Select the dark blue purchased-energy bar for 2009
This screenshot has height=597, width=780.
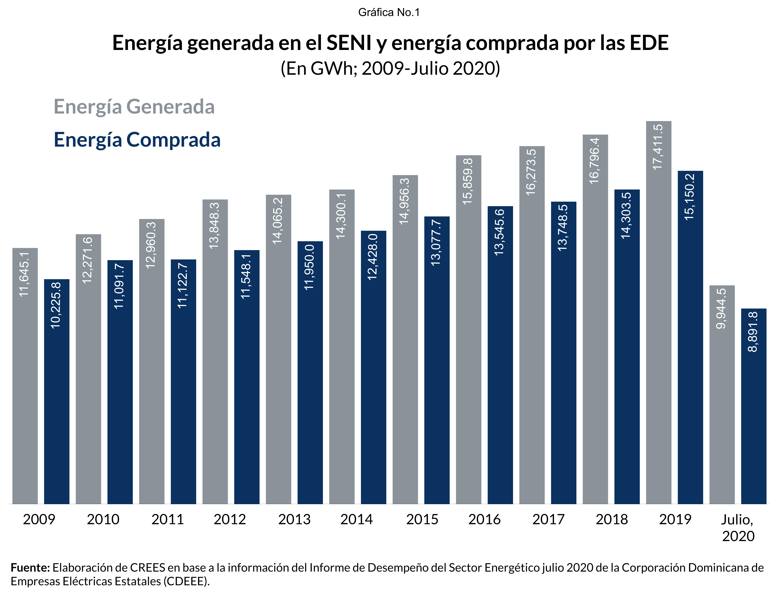pos(57,391)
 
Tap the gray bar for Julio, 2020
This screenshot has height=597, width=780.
pos(722,394)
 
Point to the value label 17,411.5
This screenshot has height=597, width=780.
pos(658,147)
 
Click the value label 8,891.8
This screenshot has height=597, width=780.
pos(753,331)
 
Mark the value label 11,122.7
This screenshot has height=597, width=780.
pos(183,285)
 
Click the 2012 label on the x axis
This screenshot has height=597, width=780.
pos(230,520)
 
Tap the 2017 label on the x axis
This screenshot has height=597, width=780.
pos(548,520)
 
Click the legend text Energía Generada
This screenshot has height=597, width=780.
pos(134,107)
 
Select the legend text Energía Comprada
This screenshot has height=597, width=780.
pos(137,140)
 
